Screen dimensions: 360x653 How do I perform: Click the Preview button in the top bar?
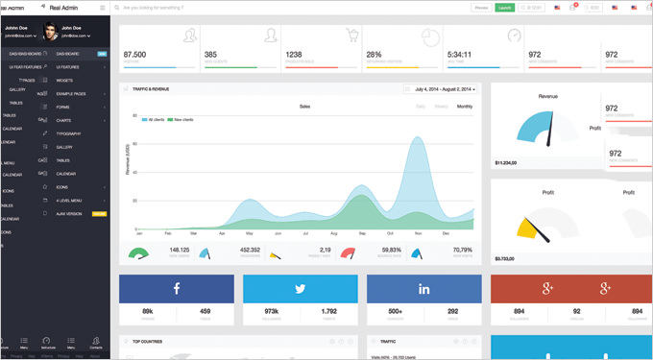click(x=481, y=8)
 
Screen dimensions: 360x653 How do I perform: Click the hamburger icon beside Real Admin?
click(x=103, y=8)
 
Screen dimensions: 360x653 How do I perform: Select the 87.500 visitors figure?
click(x=135, y=55)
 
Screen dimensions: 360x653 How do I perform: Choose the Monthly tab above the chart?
click(x=465, y=107)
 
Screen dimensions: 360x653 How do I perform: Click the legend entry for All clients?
click(x=157, y=120)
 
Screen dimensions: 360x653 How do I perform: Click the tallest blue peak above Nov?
click(x=418, y=140)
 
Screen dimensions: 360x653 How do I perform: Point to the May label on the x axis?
click(x=250, y=233)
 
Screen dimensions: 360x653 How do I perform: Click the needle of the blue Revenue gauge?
click(x=548, y=135)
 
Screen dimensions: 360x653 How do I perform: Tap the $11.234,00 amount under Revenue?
click(x=505, y=163)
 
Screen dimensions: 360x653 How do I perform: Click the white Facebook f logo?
click(x=177, y=289)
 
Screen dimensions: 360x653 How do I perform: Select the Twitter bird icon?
click(x=301, y=289)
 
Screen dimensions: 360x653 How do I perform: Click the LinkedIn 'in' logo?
click(x=423, y=289)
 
